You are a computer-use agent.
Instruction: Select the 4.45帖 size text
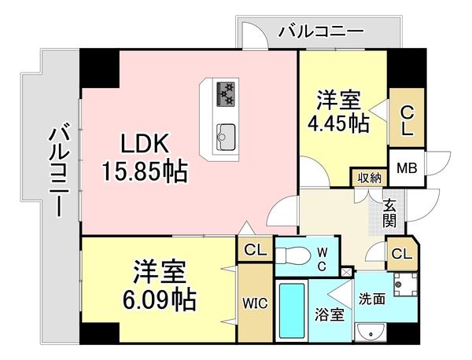point(338,123)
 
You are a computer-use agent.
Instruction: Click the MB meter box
point(406,167)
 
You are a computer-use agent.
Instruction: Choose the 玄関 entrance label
point(389,214)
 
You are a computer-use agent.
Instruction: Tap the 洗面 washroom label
point(371,299)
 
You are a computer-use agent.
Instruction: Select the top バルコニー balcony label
point(321,33)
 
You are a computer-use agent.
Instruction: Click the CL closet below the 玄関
point(401,254)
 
